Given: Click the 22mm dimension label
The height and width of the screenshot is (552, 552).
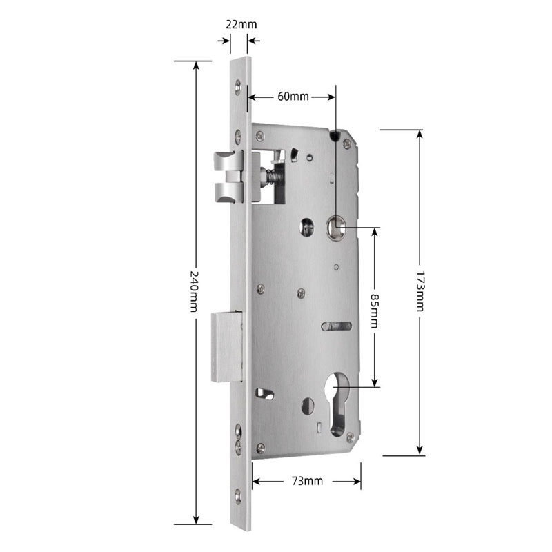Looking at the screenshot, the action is click(241, 25).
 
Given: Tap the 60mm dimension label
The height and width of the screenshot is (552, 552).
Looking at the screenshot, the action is click(293, 97).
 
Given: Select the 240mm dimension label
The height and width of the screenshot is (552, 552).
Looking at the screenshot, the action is click(194, 291).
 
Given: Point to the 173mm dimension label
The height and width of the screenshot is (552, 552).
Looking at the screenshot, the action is click(420, 291).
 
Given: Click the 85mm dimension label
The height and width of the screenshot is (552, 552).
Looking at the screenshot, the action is click(375, 311).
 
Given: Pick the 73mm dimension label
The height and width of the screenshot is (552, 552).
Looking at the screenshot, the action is click(307, 481).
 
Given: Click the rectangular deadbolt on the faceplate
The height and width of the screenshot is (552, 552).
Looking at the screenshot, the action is click(227, 347).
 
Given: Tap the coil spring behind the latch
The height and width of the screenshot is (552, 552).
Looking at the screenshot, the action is click(270, 178).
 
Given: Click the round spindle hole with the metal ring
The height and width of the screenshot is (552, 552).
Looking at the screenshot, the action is click(335, 226).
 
